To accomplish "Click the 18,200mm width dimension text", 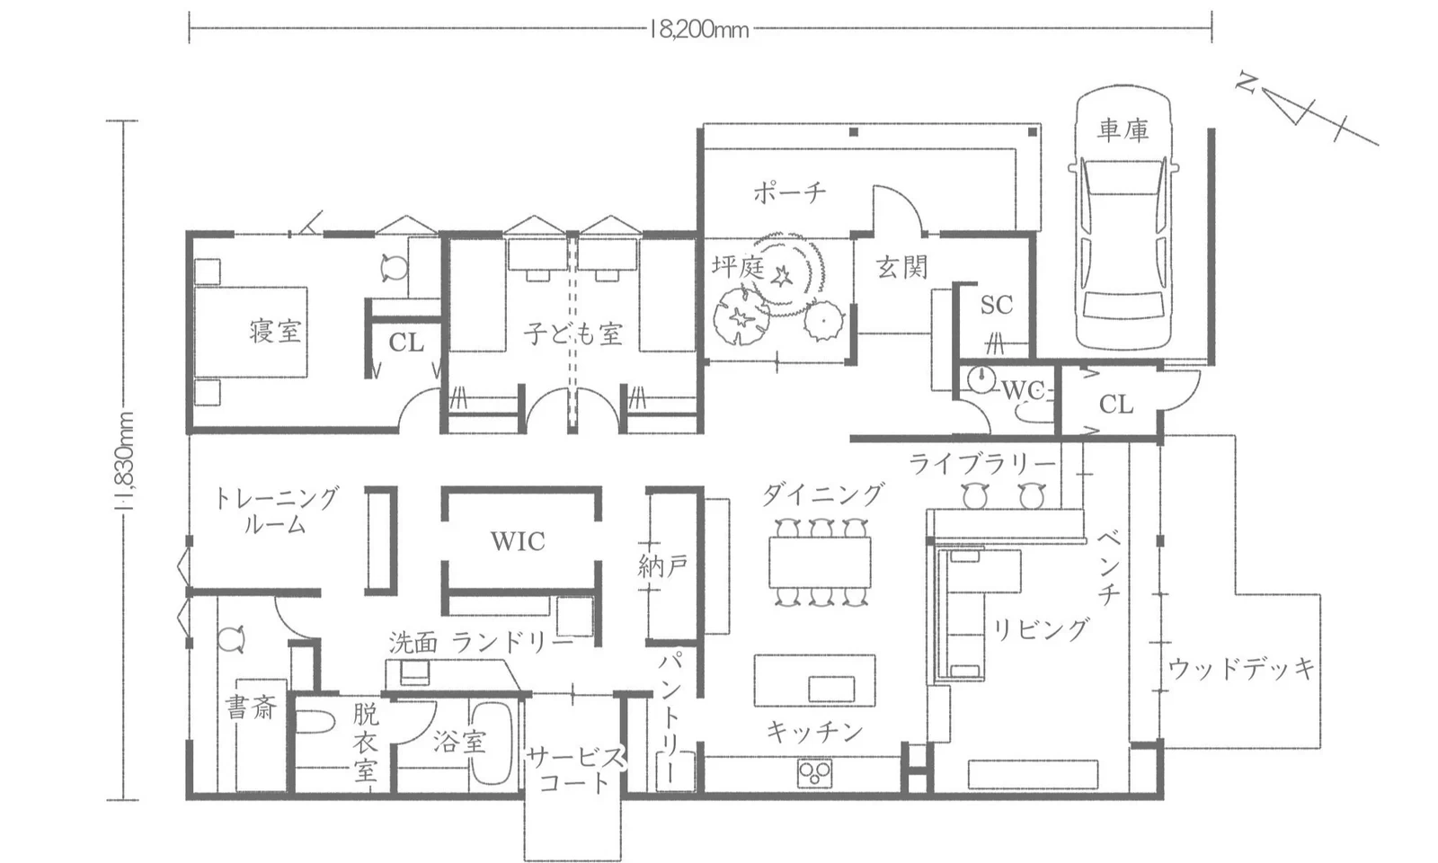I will coord(699,30).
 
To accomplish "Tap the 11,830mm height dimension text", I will coord(126,461).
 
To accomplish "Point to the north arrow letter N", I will coord(1245,83).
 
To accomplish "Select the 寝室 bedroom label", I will coord(275,331).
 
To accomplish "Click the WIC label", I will coord(518,541).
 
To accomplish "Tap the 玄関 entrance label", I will coord(901,267).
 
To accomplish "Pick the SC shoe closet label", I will coord(996,305).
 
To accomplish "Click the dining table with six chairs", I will coord(820,563).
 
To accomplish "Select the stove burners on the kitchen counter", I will coord(814,772).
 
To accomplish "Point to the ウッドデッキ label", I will coord(1241,668).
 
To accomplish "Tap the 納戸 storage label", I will coord(662,565).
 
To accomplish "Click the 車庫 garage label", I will coord(1123,130).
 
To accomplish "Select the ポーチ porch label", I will coord(789,191).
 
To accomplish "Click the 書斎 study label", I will coord(251,707).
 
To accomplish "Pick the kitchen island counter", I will coord(814,681).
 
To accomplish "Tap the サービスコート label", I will coord(573,769).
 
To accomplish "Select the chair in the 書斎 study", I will coord(231,639).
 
